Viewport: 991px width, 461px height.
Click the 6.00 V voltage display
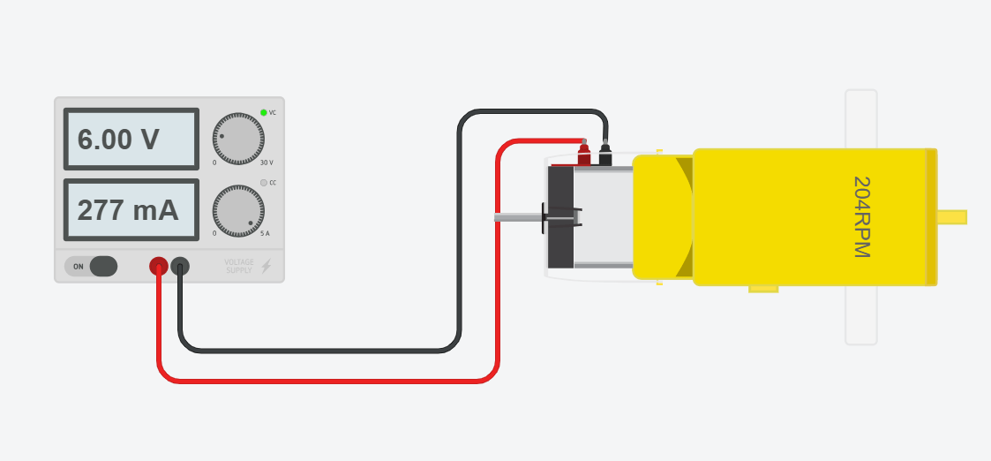[x=131, y=140]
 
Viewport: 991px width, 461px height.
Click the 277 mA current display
[x=131, y=210]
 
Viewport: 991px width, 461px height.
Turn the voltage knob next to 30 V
[x=238, y=139]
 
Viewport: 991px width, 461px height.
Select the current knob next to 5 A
[x=238, y=211]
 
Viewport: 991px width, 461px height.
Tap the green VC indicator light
[x=263, y=112]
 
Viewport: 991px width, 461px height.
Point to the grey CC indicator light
[x=263, y=183]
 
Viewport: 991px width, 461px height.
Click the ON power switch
[x=92, y=266]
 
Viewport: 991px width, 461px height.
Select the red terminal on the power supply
[x=159, y=265]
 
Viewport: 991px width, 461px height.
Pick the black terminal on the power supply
[x=180, y=265]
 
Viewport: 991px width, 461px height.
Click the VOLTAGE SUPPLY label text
[x=238, y=266]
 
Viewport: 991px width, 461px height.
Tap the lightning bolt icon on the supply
[x=267, y=266]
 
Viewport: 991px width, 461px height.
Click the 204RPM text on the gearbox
[x=861, y=217]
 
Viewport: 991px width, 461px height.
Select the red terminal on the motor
[x=583, y=157]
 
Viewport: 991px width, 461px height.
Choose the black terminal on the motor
[x=604, y=157]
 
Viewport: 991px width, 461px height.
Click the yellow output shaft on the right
[x=951, y=217]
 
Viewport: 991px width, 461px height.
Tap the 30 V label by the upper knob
[x=266, y=162]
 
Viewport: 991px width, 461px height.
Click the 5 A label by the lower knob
[x=265, y=233]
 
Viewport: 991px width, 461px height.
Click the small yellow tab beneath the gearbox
[x=762, y=288]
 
